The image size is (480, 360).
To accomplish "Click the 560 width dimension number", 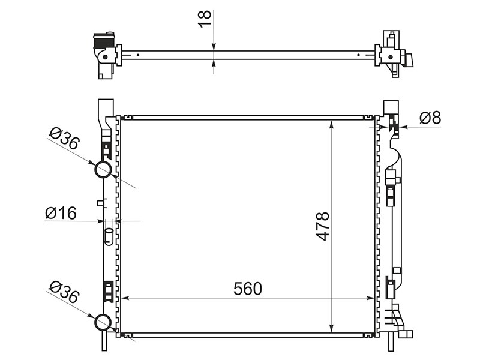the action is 248,289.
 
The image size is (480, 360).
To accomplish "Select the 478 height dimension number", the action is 323,226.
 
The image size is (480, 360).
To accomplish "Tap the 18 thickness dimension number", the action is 205,19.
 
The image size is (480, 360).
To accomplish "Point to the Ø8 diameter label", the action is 430,118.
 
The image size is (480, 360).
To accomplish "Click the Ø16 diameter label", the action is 61,213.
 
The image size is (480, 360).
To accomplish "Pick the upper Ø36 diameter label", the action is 64,139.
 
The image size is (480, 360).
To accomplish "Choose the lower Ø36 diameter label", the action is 64,292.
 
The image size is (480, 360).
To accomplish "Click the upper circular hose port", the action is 103,169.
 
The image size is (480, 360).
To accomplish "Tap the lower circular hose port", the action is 103,322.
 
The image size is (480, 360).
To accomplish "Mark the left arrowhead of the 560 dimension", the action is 125,298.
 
